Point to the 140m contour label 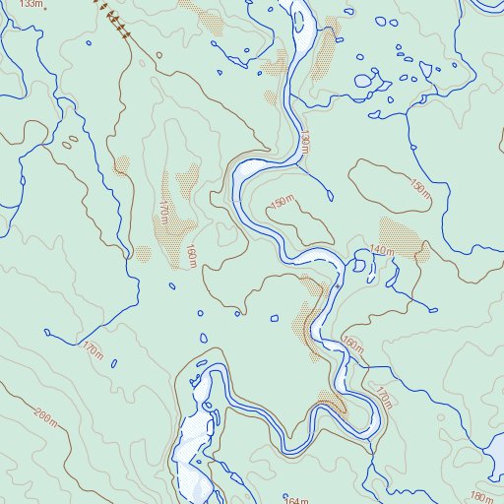pos(382,252)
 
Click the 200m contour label pos(45,415)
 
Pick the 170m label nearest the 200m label pos(94,349)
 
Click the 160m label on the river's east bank pos(352,345)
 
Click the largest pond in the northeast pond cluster pos(363,80)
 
